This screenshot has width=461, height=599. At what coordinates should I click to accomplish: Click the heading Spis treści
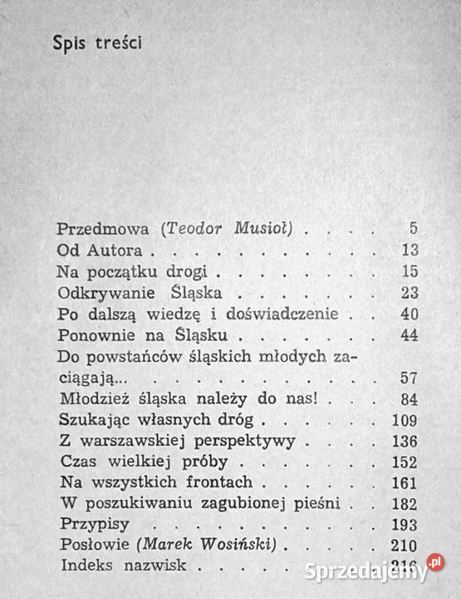click(x=96, y=43)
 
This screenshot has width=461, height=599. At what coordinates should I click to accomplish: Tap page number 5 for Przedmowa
click(x=413, y=229)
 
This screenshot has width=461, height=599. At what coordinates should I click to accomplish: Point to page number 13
click(x=408, y=250)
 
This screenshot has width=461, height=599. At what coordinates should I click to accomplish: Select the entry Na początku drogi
click(x=137, y=271)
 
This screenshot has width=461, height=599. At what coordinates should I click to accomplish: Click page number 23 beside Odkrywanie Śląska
click(x=408, y=293)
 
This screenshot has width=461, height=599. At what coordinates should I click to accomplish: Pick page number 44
click(x=408, y=336)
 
